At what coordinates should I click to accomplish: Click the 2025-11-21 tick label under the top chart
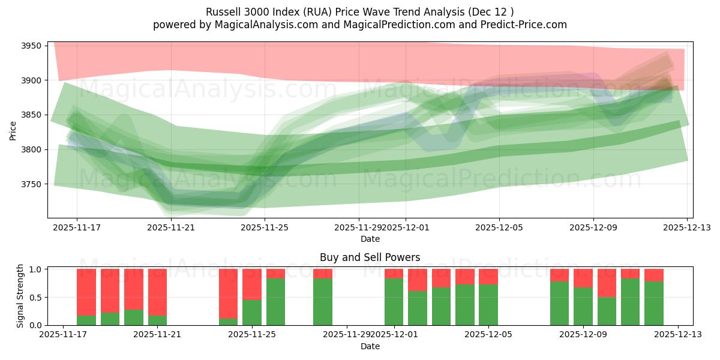[171, 227]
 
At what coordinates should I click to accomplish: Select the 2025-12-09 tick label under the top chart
[593, 227]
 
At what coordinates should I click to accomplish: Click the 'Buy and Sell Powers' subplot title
[370, 257]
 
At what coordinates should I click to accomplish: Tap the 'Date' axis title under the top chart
[370, 239]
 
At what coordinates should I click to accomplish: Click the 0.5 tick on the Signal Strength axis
[35, 298]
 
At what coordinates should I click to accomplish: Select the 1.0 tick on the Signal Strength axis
[35, 269]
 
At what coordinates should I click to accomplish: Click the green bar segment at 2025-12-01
[394, 302]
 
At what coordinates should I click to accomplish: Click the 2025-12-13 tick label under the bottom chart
[678, 335]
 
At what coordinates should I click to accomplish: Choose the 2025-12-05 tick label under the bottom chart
[488, 335]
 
